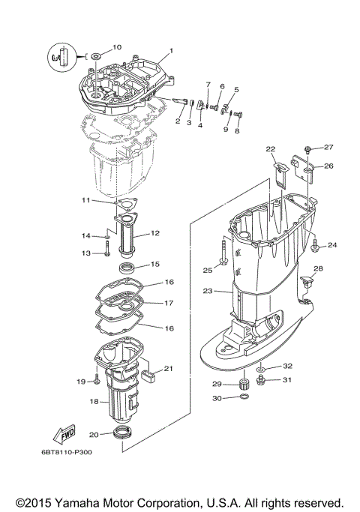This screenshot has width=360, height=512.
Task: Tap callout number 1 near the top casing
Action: (x=171, y=51)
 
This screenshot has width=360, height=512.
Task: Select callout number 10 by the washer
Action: (x=116, y=47)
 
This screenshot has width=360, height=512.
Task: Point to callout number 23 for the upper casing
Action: (x=208, y=290)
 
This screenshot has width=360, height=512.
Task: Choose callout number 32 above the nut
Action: (x=288, y=365)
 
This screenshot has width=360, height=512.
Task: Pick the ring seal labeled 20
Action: (x=122, y=433)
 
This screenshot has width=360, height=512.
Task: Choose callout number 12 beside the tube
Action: (x=155, y=233)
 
